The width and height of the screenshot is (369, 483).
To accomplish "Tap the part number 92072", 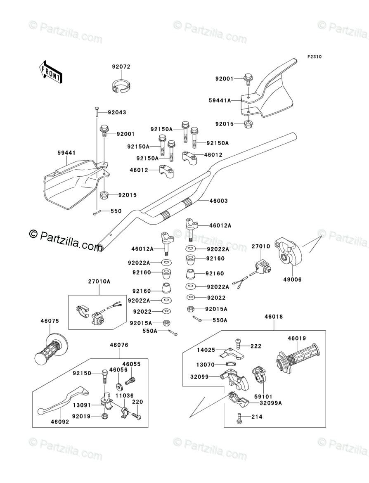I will [121, 66].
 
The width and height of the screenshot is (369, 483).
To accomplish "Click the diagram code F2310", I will [314, 57].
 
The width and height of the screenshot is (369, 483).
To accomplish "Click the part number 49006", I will [293, 279].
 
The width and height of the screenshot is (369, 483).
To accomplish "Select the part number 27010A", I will [99, 281].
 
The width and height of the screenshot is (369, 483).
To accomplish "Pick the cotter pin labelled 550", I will [97, 213].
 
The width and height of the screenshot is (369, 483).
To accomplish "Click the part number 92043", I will [117, 112].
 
